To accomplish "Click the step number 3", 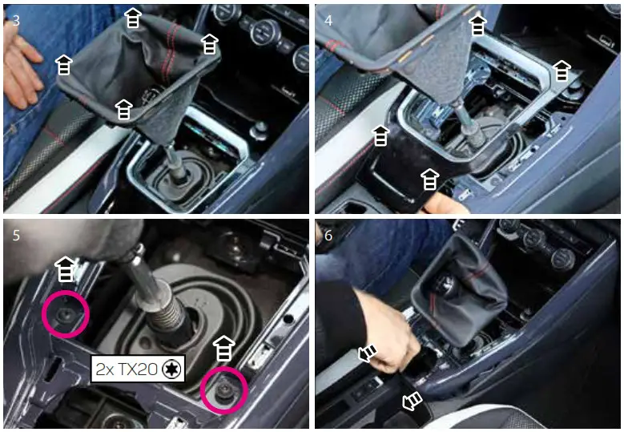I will (16, 21).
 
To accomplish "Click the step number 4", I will (328, 21).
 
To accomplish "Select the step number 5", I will (16, 236).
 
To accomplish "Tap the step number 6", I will (328, 236).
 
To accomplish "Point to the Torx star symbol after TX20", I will (170, 369).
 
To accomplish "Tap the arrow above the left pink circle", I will (66, 270).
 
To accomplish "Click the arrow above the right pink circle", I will (223, 349).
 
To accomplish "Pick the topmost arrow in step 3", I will (133, 18).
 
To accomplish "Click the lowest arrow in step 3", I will (123, 110).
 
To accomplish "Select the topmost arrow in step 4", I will (477, 25).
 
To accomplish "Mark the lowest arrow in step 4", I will (430, 179).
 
